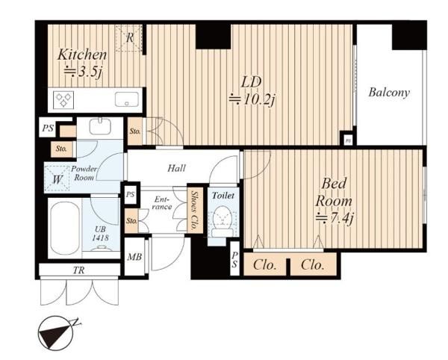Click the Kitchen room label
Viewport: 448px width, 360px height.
(x=82, y=55)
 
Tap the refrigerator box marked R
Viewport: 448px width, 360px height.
(x=129, y=39)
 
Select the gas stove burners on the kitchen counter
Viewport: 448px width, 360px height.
(x=63, y=100)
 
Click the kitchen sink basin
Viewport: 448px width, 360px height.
(x=127, y=99)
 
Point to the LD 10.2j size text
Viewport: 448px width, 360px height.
(x=252, y=100)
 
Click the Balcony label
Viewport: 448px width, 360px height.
(x=389, y=93)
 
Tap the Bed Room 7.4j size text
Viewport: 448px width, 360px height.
(x=335, y=219)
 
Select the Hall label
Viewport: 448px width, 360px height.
(x=176, y=168)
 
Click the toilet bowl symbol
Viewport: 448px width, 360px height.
(x=223, y=219)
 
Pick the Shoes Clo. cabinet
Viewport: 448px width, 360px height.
(x=196, y=211)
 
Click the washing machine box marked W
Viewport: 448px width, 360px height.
(x=57, y=179)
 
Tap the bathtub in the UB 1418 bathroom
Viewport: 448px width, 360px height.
(x=65, y=228)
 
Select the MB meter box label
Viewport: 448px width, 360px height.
(x=134, y=257)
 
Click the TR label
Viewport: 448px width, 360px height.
(x=79, y=270)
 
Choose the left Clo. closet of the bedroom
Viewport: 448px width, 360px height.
(x=265, y=265)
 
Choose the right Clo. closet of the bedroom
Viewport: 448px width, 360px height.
(x=313, y=265)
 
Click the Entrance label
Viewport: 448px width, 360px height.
(x=162, y=202)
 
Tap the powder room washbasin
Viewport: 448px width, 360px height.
(x=100, y=126)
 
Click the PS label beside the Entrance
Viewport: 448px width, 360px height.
(x=130, y=195)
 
